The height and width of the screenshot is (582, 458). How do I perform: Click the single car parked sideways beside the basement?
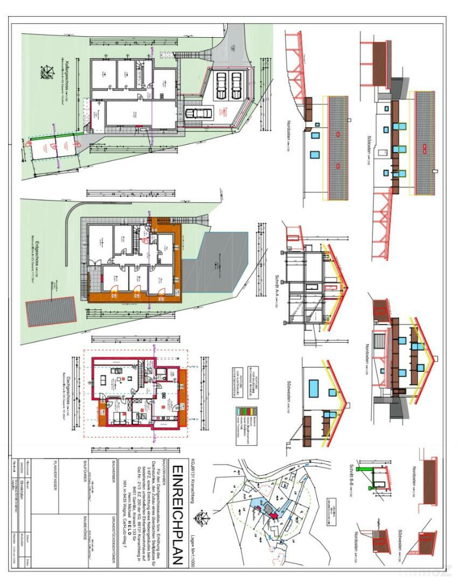click(x=199, y=113)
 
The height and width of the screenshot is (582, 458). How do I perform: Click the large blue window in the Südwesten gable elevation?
click(x=314, y=387)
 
